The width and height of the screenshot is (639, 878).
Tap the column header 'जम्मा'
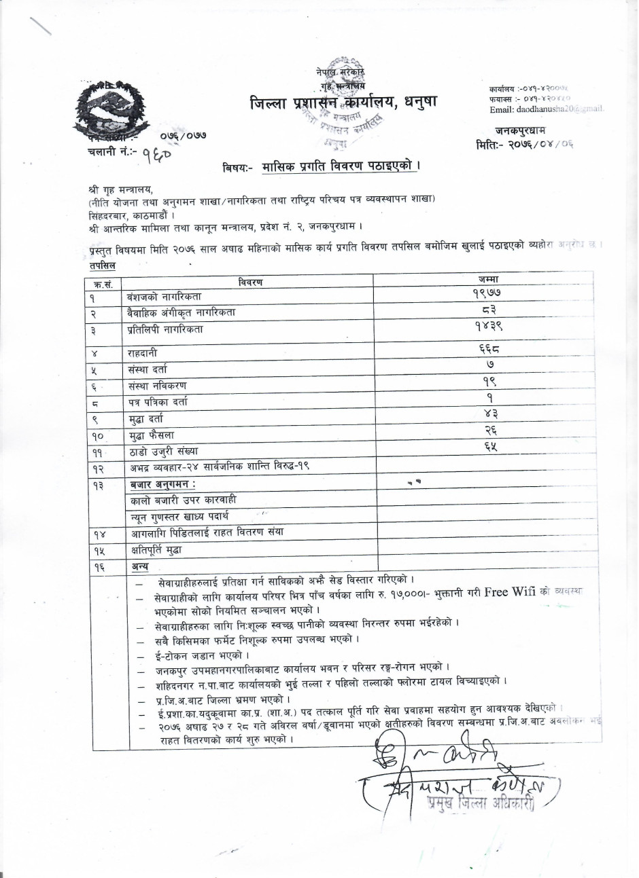489,280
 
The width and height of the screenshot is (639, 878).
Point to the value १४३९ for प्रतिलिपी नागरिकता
489,325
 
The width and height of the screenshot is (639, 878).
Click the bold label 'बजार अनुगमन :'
164,485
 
